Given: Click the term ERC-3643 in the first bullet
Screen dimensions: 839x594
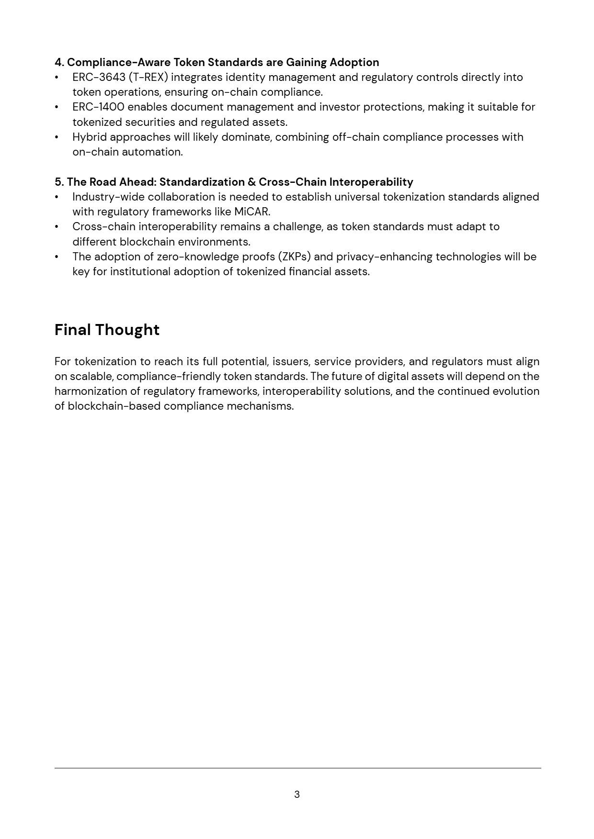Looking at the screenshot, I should pos(99,77).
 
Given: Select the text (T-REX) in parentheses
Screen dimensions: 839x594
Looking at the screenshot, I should pos(148,77).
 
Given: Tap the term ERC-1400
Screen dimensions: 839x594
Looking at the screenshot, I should pos(98,107).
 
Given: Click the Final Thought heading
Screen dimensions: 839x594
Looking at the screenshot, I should pos(107,330).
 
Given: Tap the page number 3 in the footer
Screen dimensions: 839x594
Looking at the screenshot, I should pos(297,794).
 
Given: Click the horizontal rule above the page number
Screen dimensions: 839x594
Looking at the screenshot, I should pos(297,768).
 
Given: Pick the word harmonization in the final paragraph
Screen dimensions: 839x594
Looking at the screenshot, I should pos(91,391).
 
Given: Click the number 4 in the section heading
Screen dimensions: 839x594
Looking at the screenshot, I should pos(58,62).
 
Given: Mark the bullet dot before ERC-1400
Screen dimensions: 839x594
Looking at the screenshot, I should pos(57,107).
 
